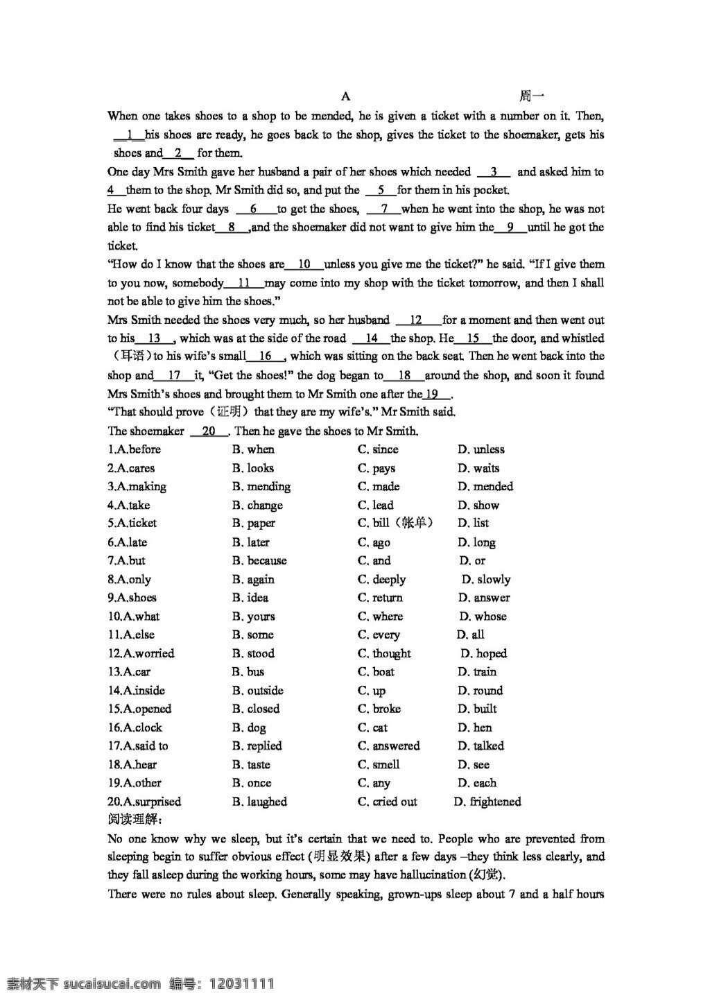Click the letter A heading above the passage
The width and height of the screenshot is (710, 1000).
pos(346,96)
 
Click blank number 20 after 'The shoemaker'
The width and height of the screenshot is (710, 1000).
pos(209,431)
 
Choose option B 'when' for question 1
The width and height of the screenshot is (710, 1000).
pos(254,449)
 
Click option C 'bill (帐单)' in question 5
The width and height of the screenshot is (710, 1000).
pos(395,524)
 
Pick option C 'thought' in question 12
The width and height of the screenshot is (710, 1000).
pos(384,653)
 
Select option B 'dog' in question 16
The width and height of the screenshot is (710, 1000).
pos(249,727)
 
